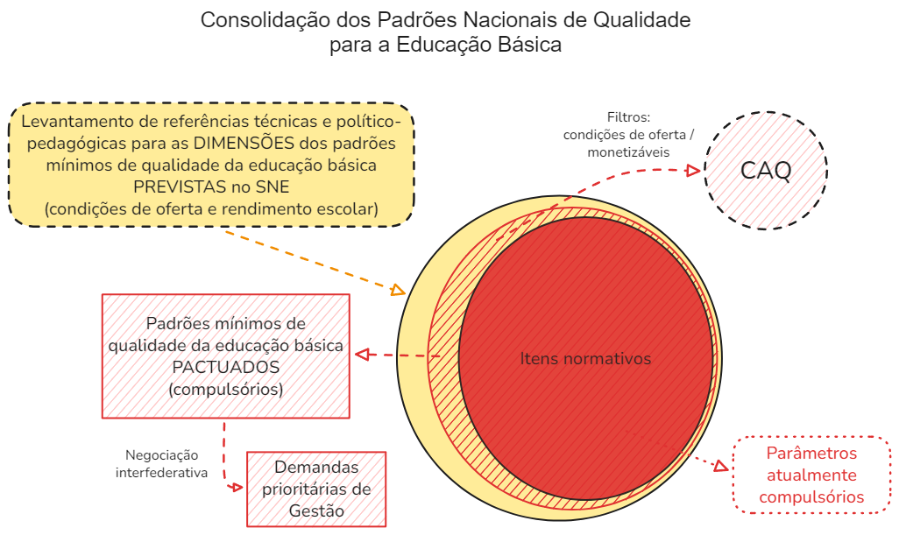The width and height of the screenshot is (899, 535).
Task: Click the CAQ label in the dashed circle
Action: tap(766, 170)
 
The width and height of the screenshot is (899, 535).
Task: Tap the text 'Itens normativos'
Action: tap(585, 359)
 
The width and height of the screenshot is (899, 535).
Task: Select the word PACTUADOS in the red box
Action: tap(226, 367)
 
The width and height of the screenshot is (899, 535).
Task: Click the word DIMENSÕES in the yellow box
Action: tap(244, 143)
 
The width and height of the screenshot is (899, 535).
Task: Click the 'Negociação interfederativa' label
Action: tap(162, 464)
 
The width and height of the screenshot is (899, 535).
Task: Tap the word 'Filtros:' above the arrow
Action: tap(628, 117)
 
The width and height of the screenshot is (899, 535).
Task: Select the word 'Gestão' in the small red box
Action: tap(316, 510)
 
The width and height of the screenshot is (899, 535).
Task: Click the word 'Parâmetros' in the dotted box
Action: tap(811, 453)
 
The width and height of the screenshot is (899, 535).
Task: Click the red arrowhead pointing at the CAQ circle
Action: tap(693, 170)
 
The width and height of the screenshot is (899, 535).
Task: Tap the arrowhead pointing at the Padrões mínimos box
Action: tap(362, 355)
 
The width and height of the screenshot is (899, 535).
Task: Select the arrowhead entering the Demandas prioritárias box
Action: tap(236, 488)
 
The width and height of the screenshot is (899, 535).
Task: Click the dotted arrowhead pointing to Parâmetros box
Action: tap(721, 466)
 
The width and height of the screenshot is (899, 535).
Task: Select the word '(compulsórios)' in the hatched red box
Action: tap(226, 390)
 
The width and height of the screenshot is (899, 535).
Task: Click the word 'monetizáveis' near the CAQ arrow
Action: tap(628, 152)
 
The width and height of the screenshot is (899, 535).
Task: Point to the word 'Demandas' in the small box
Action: tap(316, 467)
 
